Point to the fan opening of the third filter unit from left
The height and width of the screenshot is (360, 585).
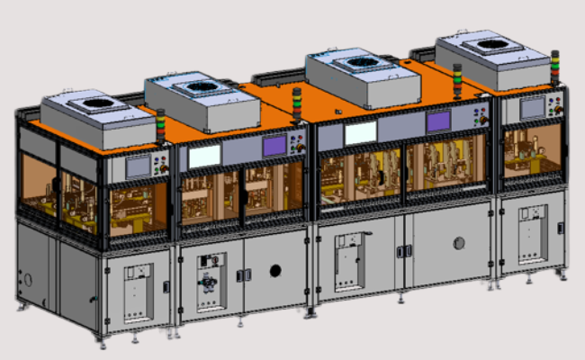tap(364, 61)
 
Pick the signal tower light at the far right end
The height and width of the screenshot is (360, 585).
tap(555, 67)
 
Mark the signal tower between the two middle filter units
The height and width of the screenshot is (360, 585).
tap(297, 102)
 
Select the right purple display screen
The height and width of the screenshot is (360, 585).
tap(438, 121)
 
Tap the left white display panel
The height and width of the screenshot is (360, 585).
tap(204, 155)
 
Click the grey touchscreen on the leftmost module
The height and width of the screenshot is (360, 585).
tap(138, 166)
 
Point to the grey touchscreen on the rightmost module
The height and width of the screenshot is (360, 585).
tap(533, 108)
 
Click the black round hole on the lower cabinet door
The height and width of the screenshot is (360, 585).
tap(274, 270)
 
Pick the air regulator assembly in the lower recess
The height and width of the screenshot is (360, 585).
tap(211, 283)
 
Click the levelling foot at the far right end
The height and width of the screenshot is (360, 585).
tap(565, 274)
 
